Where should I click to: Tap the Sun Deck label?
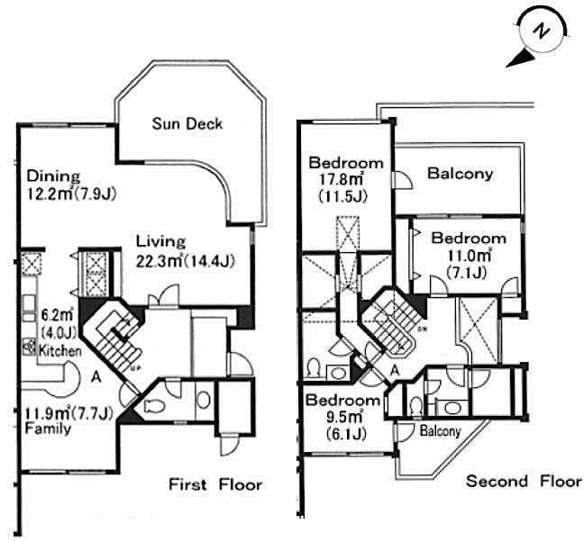click(187, 123)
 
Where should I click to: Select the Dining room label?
click(53, 175)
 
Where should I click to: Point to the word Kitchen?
click(59, 350)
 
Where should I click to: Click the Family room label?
click(45, 429)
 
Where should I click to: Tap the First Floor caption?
click(215, 484)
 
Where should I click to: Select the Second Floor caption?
click(523, 481)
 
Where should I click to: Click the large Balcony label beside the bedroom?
click(460, 173)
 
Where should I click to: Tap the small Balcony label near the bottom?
click(441, 431)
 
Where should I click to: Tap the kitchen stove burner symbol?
click(30, 346)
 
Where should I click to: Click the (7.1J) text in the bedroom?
click(468, 273)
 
